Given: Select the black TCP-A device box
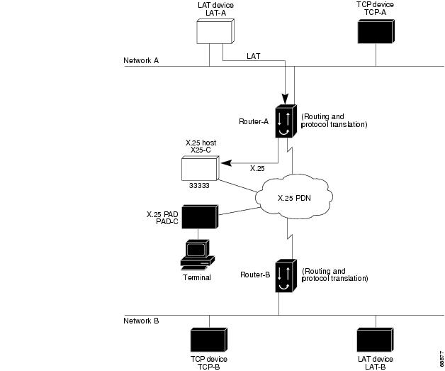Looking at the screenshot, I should pyautogui.click(x=375, y=33).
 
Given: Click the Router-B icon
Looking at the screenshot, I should pyautogui.click(x=286, y=275).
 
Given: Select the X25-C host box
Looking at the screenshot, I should pyautogui.click(x=201, y=167).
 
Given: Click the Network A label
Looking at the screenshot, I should pyautogui.click(x=141, y=61).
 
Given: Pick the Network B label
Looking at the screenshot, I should pyautogui.click(x=141, y=321).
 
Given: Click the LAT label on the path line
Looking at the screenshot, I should pyautogui.click(x=254, y=55).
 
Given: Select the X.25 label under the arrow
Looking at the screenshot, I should pyautogui.click(x=258, y=168).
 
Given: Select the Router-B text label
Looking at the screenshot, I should pyautogui.click(x=255, y=275).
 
